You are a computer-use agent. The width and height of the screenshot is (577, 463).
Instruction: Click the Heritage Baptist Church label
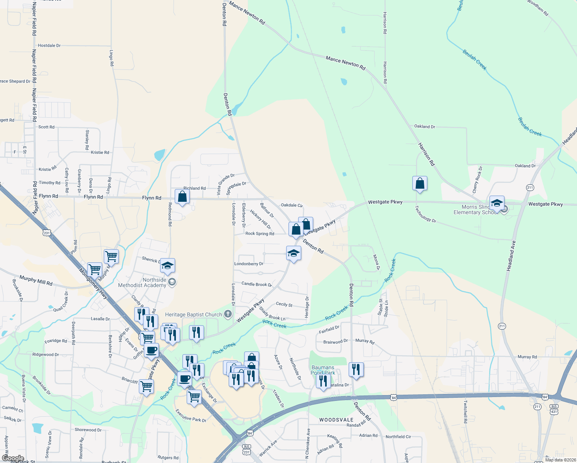pyautogui.click(x=194, y=315)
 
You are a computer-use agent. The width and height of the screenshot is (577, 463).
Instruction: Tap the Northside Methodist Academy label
pyautogui.click(x=142, y=282)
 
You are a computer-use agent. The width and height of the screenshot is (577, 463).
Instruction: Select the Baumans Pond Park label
pyautogui.click(x=323, y=370)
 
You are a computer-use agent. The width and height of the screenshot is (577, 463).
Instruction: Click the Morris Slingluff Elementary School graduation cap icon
pyautogui.click(x=497, y=203)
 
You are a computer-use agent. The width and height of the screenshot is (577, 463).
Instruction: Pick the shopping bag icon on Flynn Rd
pyautogui.click(x=182, y=197)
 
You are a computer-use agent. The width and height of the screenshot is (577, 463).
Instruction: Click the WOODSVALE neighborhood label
pyautogui.click(x=336, y=420)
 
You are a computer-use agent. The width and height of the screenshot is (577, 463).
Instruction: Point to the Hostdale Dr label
pyautogui.click(x=49, y=46)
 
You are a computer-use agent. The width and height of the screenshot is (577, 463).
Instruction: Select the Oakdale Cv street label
pyautogui.click(x=292, y=205)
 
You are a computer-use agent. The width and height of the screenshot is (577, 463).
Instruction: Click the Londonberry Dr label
pyautogui.click(x=249, y=264)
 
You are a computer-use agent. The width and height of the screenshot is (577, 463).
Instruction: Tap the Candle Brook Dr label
pyautogui.click(x=256, y=284)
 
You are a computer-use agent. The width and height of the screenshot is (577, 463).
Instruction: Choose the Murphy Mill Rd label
pyautogui.click(x=36, y=280)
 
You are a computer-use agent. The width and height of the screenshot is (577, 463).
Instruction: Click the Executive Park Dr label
pyautogui.click(x=191, y=416)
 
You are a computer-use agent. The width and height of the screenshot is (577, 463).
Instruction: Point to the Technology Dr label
pyautogui.click(x=425, y=214)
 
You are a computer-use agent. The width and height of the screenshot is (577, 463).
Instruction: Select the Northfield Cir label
pyautogui.click(x=398, y=437)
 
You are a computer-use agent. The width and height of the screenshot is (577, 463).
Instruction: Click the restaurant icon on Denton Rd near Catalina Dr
pyautogui.click(x=356, y=370)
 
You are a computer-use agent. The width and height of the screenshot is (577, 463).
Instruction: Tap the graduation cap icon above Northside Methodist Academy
pyautogui.click(x=167, y=265)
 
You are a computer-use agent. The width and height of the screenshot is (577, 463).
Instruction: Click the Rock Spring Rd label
pyautogui.click(x=260, y=233)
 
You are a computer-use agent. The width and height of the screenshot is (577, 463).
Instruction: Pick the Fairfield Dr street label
pyautogui.click(x=329, y=330)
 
